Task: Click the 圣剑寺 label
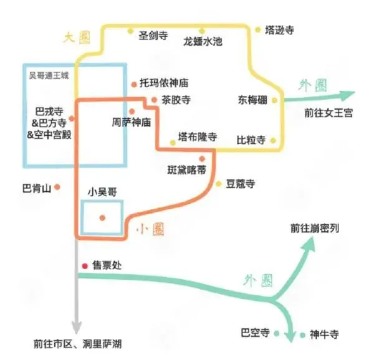coord(153,36)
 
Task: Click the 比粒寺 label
coord(251,140)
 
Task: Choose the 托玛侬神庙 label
coord(164,83)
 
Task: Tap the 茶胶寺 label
coord(176,100)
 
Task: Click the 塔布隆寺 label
coord(197,137)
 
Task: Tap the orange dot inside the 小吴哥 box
coord(103,217)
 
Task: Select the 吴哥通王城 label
coord(49,75)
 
